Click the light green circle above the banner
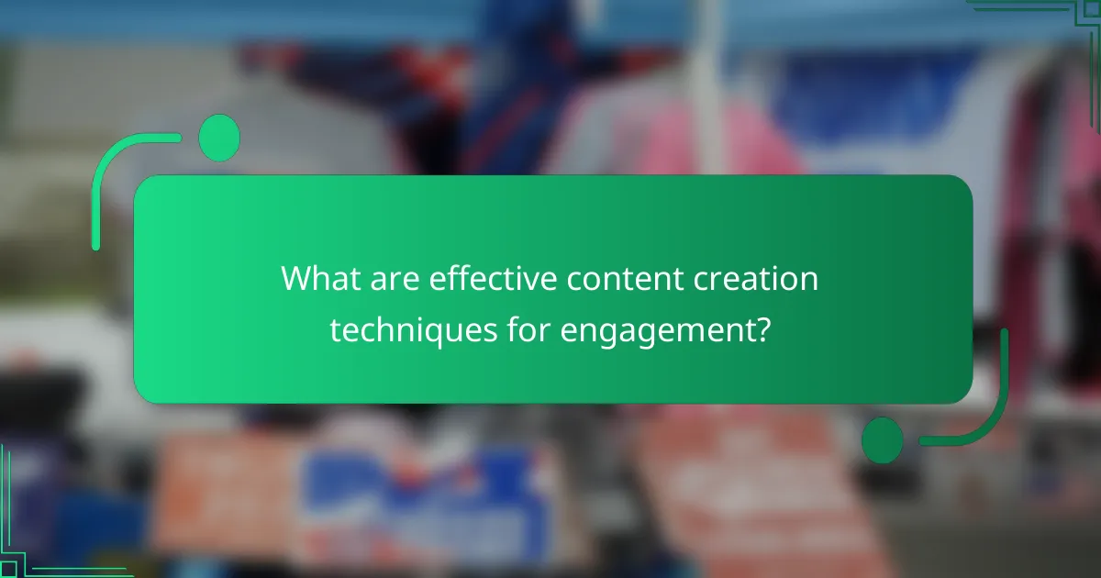[219, 139]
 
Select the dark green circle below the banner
[882, 439]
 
